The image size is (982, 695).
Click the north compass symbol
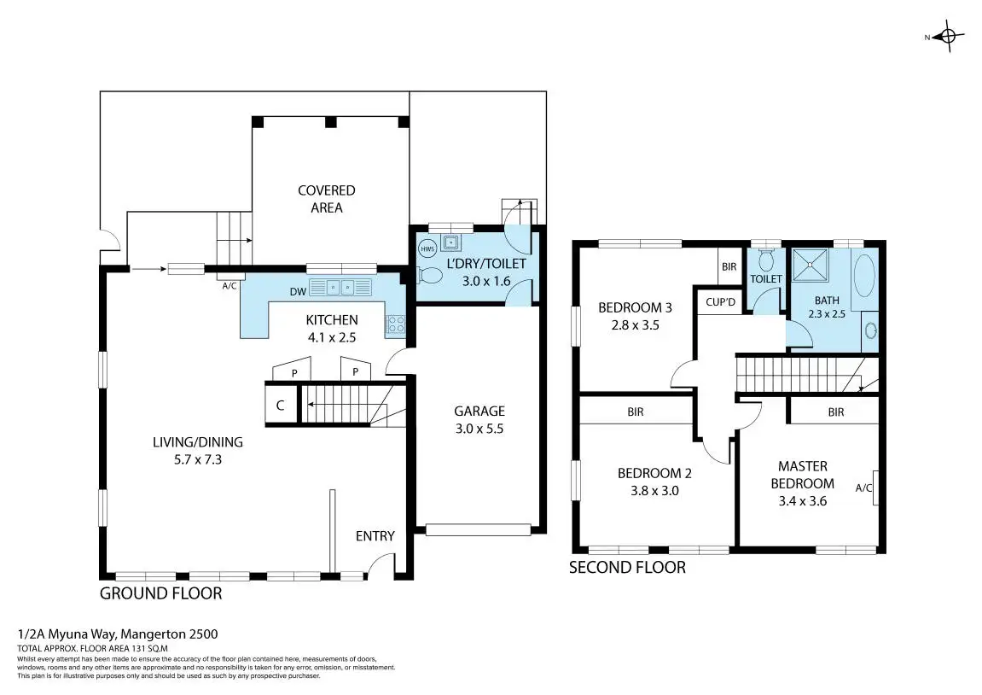coord(948,37)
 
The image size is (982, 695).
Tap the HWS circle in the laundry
coord(427,248)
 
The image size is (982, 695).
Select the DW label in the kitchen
coord(298,291)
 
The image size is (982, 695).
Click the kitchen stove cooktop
coord(396,324)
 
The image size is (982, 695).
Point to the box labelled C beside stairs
coord(281,405)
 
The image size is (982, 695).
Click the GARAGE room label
coord(479,412)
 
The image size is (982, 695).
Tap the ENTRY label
coord(375,536)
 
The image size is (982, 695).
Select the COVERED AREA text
coord(326,199)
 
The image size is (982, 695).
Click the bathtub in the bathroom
coord(865,275)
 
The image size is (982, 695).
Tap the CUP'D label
coord(720,302)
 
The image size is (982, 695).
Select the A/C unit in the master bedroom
coord(875,488)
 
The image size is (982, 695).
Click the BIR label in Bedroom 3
coord(729,266)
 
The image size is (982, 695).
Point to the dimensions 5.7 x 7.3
coord(198,459)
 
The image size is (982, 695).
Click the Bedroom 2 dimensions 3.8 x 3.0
coord(654,491)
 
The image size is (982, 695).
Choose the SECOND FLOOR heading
coord(627,568)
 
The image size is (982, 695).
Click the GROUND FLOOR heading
coord(161,593)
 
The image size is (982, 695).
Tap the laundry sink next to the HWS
coord(450,242)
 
